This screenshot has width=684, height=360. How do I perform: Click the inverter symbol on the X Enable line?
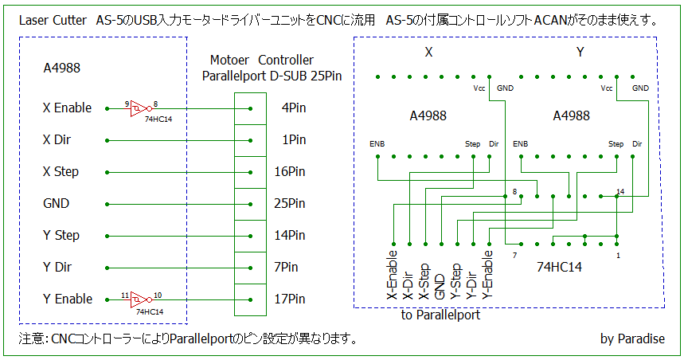pos(141,108)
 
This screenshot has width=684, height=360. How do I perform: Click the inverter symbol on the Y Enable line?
pos(141,299)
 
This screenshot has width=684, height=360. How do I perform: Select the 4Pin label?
pos(294,108)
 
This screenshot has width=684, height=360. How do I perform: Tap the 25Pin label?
pos(290,203)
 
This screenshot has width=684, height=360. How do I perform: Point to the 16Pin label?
pos(290,171)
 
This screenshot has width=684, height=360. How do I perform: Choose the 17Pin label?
pos(290,299)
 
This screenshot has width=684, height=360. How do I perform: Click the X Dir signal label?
pos(57,139)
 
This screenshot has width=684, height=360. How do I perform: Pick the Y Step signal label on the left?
pos(61,236)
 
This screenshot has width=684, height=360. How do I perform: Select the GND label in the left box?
pos(57,203)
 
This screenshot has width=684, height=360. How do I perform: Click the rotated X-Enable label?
pos(393,275)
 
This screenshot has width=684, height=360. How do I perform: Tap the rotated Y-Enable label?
pos(487,275)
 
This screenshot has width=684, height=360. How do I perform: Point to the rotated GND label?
pos(440,287)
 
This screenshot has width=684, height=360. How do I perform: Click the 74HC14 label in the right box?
pos(559,267)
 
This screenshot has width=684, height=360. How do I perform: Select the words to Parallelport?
pos(440,315)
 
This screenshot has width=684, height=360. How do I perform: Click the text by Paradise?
pos(632,338)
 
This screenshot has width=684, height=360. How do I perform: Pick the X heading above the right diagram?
pos(429,53)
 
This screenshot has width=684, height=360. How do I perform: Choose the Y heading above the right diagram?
pos(580,53)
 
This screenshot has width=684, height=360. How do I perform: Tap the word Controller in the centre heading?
pos(286,60)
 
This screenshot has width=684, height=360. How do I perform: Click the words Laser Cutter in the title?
pos(53,20)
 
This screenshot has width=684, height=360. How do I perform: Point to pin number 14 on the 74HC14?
pos(620,192)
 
